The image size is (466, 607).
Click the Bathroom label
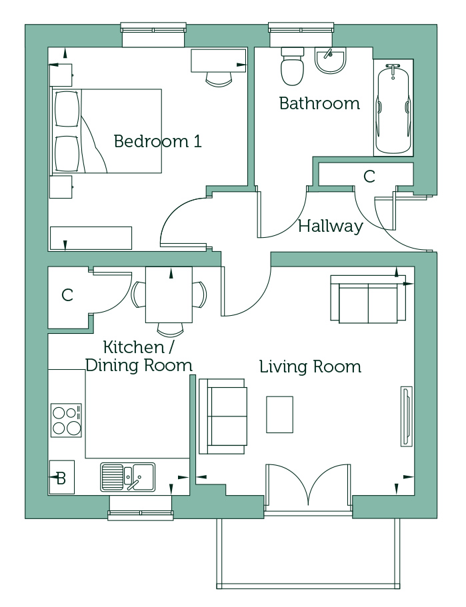click(x=319, y=103)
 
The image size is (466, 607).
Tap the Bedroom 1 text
click(x=158, y=141)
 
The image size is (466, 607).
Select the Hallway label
click(x=331, y=226)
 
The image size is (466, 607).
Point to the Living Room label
click(x=310, y=366)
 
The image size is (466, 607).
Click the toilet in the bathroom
click(x=293, y=66)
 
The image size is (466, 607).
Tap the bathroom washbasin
click(x=330, y=61)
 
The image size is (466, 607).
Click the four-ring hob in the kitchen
click(x=67, y=420)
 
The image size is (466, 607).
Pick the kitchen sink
click(x=127, y=477)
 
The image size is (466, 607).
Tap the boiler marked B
click(x=61, y=477)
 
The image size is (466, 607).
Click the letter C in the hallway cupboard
click(x=369, y=177)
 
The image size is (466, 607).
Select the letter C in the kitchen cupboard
click(x=67, y=295)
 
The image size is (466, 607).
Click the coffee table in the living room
click(x=279, y=414)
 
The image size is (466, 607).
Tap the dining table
click(x=169, y=295)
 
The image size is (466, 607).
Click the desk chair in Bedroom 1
click(x=219, y=79)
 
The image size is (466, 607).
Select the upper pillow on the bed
click(x=68, y=109)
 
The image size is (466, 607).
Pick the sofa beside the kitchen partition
click(x=223, y=416)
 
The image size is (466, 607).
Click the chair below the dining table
click(x=170, y=329)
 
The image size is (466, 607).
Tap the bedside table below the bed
click(x=61, y=187)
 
